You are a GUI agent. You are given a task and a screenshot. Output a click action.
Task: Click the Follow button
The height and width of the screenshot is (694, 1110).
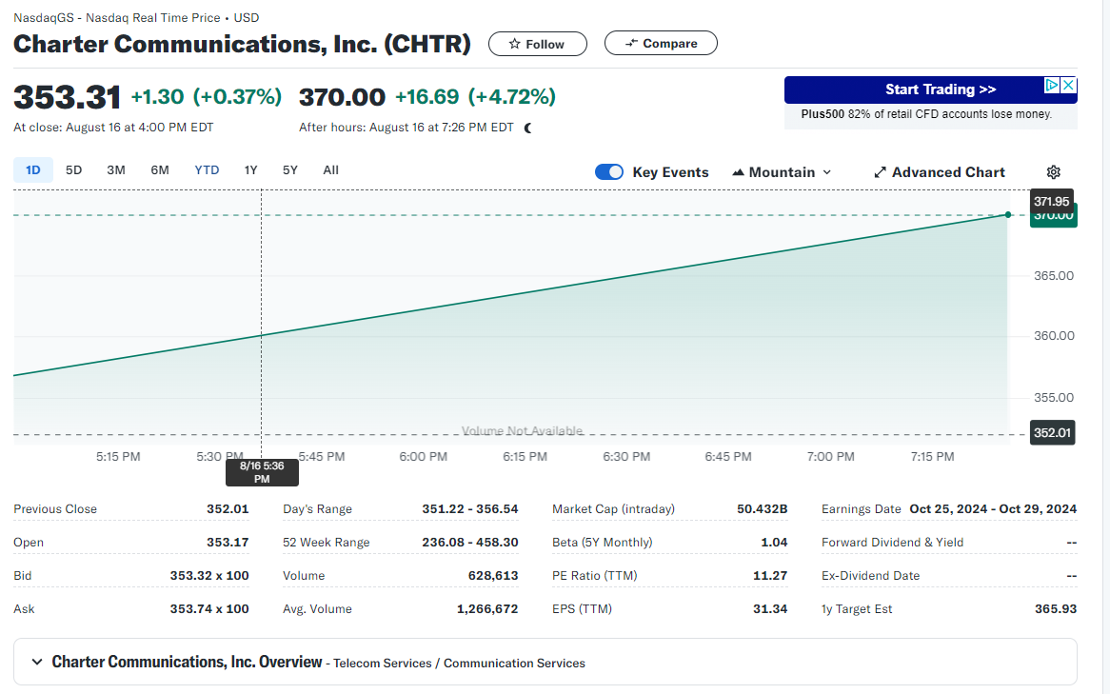coord(537,44)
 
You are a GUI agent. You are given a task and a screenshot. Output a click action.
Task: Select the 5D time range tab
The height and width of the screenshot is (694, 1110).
coord(73,170)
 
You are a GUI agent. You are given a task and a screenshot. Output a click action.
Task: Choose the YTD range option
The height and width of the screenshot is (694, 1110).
coord(207,170)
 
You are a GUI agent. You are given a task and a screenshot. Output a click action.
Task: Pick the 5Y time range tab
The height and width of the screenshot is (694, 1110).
coord(290,170)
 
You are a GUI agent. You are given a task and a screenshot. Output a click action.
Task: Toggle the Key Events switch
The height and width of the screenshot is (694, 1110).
coord(609,172)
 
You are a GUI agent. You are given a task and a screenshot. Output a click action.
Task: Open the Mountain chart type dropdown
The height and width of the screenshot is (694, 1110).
coord(782,172)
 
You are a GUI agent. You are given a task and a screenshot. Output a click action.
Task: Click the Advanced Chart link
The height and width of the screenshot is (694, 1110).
coord(940,172)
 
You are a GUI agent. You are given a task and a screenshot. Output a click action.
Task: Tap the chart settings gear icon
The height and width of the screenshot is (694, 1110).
coord(1053,172)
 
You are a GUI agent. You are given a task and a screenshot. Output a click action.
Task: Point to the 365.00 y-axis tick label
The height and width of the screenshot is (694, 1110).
coord(1053,276)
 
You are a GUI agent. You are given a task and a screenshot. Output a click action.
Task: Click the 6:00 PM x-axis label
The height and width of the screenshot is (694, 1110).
coord(424,457)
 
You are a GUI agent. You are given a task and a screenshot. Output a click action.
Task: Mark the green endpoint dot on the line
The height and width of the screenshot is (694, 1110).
coord(1008,214)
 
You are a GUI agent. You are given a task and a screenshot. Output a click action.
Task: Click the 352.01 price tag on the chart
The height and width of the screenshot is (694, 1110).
coord(1053,433)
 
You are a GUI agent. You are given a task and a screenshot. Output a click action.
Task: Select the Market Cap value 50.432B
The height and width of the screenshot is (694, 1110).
coord(762,509)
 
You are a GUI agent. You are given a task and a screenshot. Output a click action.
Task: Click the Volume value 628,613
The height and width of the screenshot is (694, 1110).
coord(493,576)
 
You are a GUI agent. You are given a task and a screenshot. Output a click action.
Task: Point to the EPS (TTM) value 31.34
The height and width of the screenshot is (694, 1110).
coord(770,609)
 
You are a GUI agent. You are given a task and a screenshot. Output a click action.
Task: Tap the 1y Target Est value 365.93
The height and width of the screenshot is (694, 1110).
coord(1055,609)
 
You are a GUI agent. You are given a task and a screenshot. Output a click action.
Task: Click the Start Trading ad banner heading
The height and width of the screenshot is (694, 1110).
coord(940,89)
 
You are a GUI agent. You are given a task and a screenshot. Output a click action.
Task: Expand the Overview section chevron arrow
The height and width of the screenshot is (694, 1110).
coord(37,662)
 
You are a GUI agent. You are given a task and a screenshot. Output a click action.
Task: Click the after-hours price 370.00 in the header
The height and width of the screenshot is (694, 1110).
coord(342,97)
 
